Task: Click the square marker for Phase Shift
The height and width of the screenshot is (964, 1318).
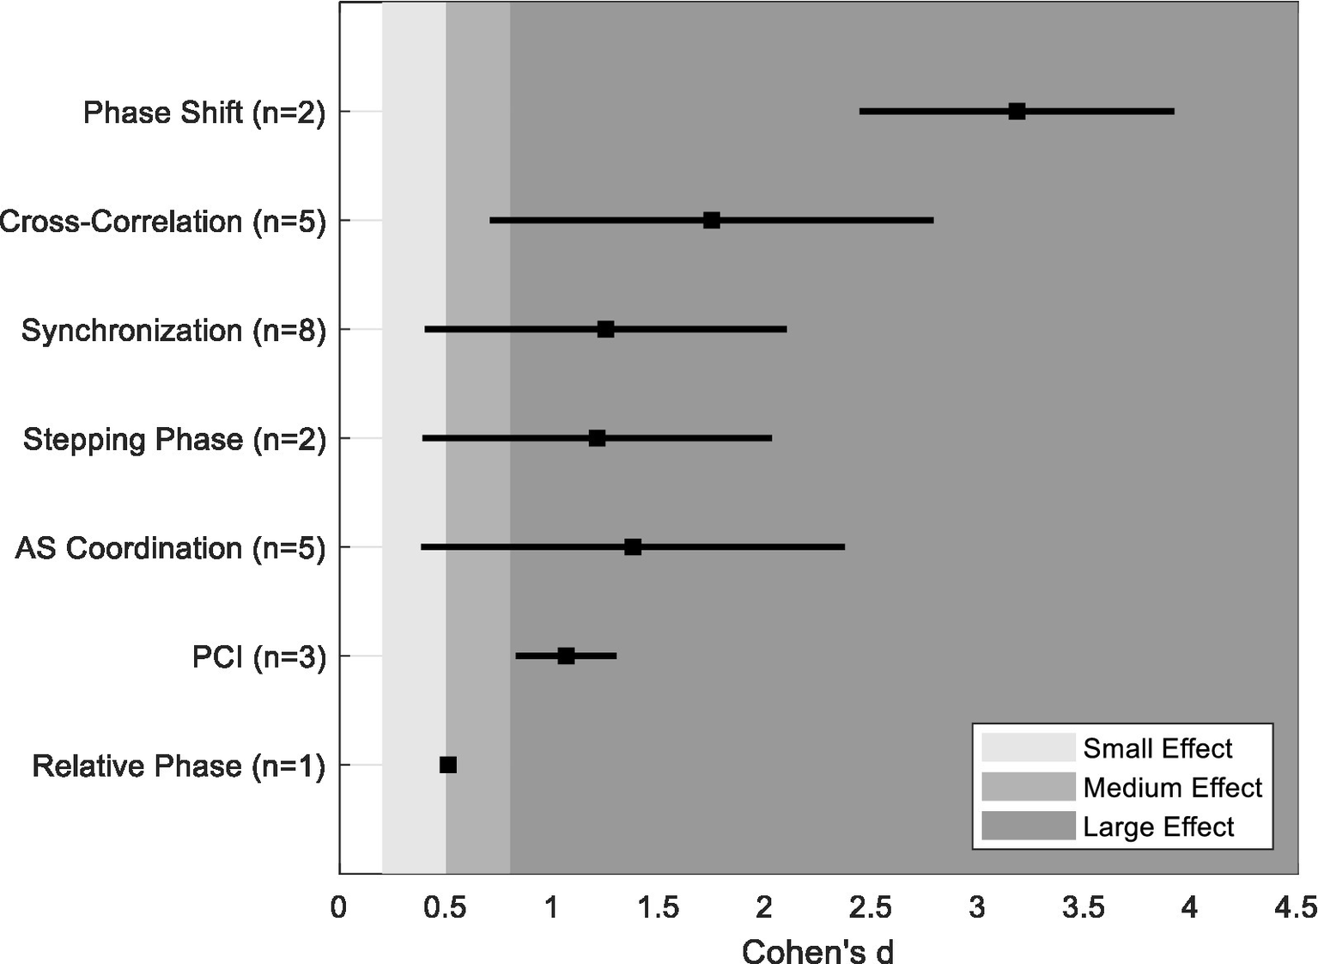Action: point(1017,111)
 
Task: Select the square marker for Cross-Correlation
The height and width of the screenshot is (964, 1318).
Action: point(712,220)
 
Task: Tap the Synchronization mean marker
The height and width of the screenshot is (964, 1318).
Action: point(605,329)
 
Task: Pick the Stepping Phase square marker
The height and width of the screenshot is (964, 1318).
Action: point(597,438)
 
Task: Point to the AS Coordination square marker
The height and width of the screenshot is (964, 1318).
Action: point(633,546)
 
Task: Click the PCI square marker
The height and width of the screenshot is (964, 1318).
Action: point(566,656)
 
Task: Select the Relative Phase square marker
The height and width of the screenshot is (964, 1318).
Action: point(448,765)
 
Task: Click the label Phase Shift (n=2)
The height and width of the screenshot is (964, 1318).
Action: point(204,113)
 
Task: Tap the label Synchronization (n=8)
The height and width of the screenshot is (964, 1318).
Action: point(173,331)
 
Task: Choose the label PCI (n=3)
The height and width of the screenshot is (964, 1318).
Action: point(258,657)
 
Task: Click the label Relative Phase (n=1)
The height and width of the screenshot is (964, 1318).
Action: point(179,766)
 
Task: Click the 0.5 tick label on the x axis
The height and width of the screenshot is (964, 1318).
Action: point(445,908)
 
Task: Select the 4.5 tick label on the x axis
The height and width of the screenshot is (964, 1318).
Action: point(1295,908)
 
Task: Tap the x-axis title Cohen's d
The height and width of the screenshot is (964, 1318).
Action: point(817,951)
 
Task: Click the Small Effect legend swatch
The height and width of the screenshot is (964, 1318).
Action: point(1028,747)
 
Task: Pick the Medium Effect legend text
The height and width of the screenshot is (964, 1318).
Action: point(1172,787)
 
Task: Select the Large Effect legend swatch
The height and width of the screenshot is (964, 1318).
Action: point(1028,826)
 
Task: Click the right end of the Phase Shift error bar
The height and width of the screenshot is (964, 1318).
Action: point(1173,111)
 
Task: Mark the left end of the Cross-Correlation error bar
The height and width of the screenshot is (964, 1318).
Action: point(491,220)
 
